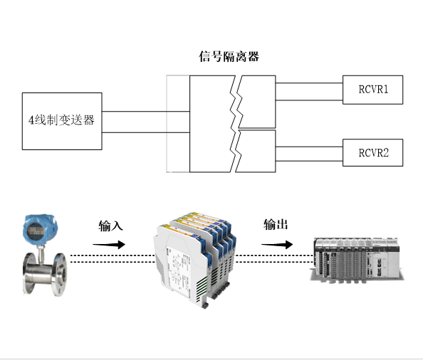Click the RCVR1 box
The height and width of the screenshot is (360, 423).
pos(372,90)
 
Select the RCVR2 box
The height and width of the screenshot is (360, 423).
pos(372,152)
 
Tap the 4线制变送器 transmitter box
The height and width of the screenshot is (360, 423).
pos(62,121)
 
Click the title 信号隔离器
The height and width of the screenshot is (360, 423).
pos(229,57)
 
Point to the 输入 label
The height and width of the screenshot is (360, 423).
pos(110,226)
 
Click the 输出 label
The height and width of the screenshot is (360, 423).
pos(276,224)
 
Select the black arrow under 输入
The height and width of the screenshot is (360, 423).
pos(109,245)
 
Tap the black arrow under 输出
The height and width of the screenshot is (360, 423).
pos(277,245)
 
